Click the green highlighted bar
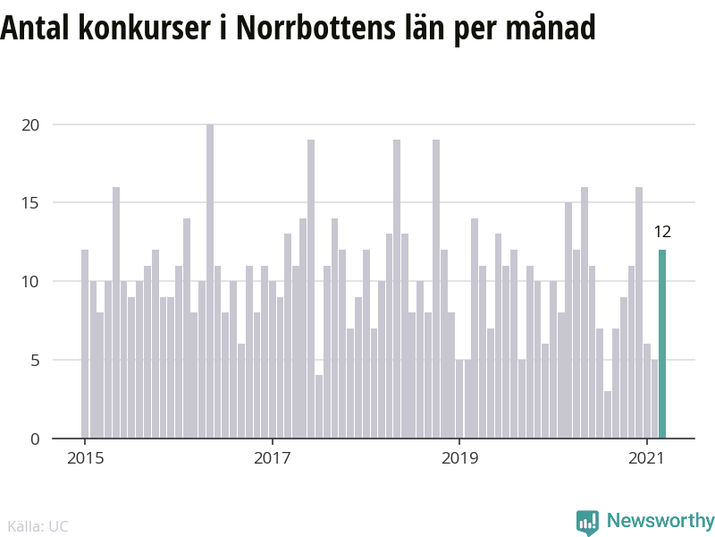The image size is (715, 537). (662, 345)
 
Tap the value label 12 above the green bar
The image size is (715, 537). (662, 233)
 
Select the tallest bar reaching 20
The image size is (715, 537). (210, 282)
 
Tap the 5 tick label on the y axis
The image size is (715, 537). (35, 360)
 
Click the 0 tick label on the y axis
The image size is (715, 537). (35, 439)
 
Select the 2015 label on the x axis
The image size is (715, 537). (85, 459)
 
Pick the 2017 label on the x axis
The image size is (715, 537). (273, 459)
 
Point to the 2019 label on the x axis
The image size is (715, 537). (459, 459)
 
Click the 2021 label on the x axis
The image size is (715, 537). (646, 459)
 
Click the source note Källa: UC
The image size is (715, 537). (38, 526)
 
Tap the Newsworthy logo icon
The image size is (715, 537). (587, 522)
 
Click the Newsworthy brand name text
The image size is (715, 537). (660, 521)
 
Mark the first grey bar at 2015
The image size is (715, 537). (85, 345)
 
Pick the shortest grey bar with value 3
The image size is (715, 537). (608, 415)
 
